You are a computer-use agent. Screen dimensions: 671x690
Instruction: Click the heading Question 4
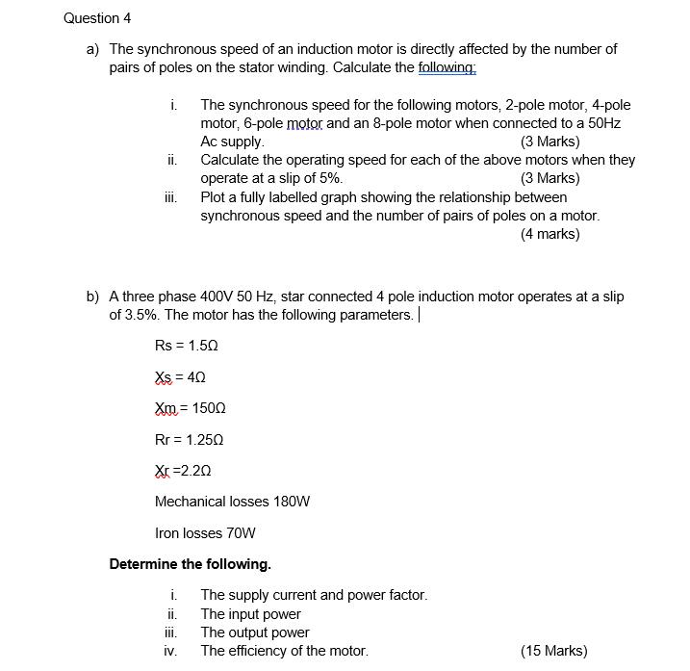coord(97,18)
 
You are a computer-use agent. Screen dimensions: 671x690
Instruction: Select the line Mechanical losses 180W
coord(232,502)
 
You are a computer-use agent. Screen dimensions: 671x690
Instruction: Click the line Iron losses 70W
coord(205,532)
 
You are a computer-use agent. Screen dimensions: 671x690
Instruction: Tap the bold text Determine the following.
coord(191,564)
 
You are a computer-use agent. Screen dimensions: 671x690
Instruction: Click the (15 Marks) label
coord(553,651)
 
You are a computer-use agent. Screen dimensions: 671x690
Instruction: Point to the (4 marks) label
coord(549,233)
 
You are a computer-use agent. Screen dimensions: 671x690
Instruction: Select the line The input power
coord(250,614)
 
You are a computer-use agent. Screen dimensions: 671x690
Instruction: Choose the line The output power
coord(255,632)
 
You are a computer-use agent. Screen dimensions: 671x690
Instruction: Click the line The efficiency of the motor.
coord(284,651)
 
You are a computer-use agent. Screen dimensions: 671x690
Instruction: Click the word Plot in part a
coord(214,196)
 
